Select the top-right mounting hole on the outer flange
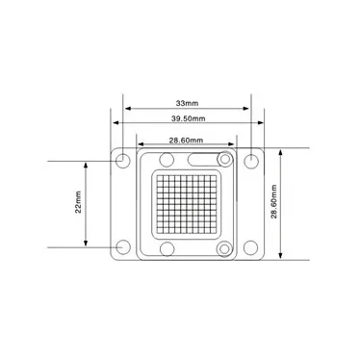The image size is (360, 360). point(251,159)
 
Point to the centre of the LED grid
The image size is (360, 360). point(186,204)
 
